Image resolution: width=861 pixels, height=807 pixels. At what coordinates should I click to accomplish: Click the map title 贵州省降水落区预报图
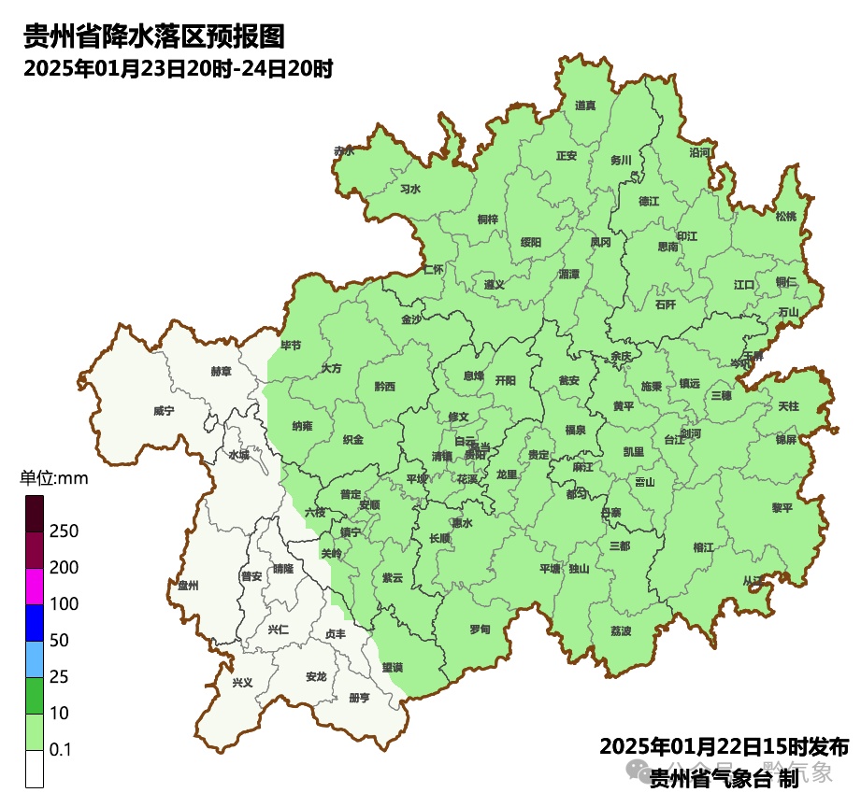pyautogui.click(x=153, y=37)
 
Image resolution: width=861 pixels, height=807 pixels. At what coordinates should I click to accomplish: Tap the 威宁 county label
pyautogui.click(x=164, y=410)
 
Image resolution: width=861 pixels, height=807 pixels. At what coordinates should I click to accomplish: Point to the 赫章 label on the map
pyautogui.click(x=221, y=371)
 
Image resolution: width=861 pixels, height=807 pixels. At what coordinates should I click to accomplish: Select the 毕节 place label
pyautogui.click(x=291, y=345)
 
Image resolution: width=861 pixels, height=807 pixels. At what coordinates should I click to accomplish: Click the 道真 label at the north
pyautogui.click(x=585, y=106)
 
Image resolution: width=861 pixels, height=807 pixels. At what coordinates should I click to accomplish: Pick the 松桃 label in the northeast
pyautogui.click(x=786, y=217)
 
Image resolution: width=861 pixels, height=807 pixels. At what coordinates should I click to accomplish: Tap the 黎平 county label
pyautogui.click(x=782, y=508)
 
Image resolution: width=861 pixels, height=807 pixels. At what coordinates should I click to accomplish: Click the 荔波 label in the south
pyautogui.click(x=621, y=631)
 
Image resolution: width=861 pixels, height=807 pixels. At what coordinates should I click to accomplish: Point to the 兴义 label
pyautogui.click(x=242, y=683)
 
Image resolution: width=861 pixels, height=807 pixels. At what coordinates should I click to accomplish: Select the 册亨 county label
pyautogui.click(x=358, y=698)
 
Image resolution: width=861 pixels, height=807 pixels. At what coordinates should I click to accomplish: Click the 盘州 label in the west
pyautogui.click(x=188, y=586)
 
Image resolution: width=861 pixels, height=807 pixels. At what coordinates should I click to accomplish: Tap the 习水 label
pyautogui.click(x=410, y=189)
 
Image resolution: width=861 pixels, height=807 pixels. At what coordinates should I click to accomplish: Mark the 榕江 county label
pyautogui.click(x=703, y=546)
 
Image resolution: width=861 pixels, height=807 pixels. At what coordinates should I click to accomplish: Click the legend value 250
pyautogui.click(x=64, y=531)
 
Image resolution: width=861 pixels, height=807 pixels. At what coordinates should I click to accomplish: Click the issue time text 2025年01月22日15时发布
pyautogui.click(x=724, y=747)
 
